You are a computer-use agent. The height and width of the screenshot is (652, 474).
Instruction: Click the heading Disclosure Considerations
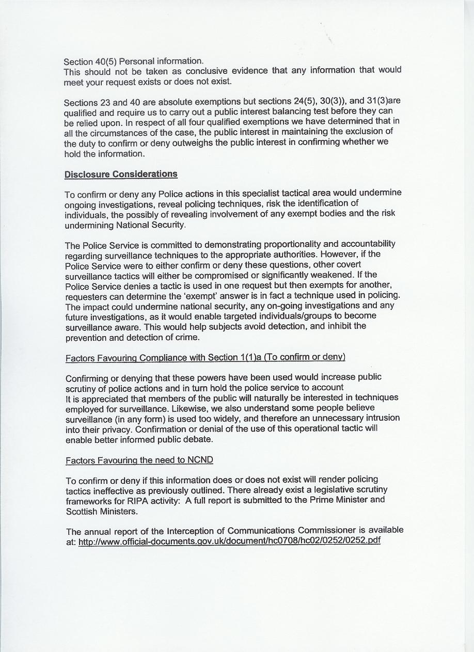(121, 174)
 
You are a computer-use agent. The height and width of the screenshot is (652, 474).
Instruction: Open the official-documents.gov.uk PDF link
(229, 542)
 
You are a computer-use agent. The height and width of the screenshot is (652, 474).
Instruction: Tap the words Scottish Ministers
(101, 511)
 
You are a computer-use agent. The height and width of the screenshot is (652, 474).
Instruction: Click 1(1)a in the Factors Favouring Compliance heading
(250, 357)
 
